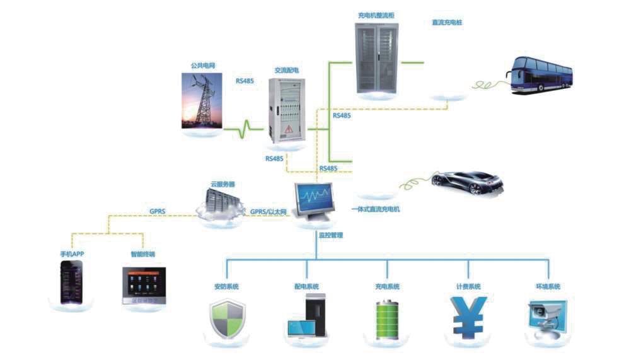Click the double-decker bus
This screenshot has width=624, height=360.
tap(540, 74)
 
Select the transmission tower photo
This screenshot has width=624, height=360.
tap(202, 100)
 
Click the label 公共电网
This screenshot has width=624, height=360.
tap(202, 65)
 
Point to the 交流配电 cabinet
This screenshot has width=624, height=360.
tap(287, 110)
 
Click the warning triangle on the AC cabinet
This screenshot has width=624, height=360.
tap(288, 130)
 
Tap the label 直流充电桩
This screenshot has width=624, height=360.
tap(447, 23)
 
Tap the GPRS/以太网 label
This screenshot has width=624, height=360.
tap(269, 212)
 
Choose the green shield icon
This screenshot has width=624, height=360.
tap(226, 320)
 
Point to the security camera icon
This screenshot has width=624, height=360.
tap(545, 318)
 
